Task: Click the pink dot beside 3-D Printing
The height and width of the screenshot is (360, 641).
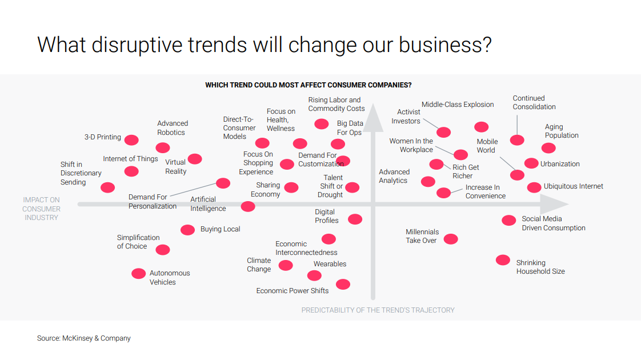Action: tap(131, 140)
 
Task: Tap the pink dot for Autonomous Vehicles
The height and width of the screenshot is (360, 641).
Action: tap(139, 274)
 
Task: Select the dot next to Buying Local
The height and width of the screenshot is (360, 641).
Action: tap(187, 230)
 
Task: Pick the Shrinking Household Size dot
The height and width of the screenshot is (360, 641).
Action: tap(503, 260)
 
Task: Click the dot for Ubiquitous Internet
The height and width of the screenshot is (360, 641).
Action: tap(534, 187)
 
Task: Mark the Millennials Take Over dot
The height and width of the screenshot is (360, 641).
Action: tap(451, 239)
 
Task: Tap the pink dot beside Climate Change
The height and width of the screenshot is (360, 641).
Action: tap(286, 265)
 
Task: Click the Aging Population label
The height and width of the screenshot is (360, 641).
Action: tap(561, 131)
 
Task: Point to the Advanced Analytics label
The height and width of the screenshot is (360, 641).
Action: tap(394, 176)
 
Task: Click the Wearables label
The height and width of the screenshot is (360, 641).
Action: tap(330, 264)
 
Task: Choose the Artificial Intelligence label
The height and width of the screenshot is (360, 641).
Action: tap(208, 204)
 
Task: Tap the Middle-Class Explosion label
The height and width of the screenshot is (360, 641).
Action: tap(458, 105)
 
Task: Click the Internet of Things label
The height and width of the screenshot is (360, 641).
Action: tap(130, 159)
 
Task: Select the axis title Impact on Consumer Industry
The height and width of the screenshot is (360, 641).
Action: tap(41, 209)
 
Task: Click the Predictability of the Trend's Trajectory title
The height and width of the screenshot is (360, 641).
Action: tap(378, 310)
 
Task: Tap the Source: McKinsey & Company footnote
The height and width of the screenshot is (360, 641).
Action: tap(84, 338)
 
